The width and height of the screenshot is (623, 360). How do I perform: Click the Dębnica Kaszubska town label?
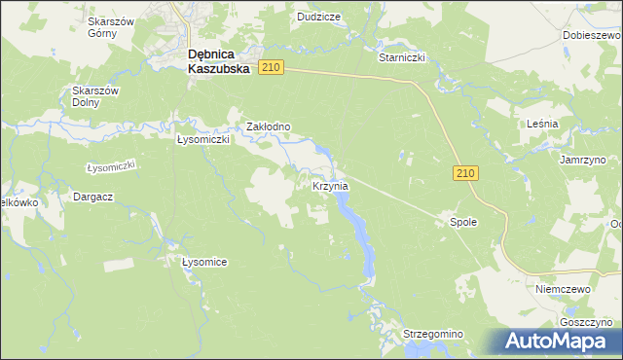pos(218,62)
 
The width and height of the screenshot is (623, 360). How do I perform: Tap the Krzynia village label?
pos(330,185)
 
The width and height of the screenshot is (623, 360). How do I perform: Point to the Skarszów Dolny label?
pos(94,96)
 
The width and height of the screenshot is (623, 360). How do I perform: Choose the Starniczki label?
pos(402,57)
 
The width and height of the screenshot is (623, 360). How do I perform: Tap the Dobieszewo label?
pos(592,34)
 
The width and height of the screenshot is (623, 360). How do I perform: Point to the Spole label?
pos(462,222)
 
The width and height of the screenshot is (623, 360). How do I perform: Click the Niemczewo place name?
pos(564,289)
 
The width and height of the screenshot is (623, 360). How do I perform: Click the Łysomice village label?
pos(204,262)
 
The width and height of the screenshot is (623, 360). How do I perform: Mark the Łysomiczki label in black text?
pos(202,139)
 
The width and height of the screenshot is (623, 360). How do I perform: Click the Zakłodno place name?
pos(268,126)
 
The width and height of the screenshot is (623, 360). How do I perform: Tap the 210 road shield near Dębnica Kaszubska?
pos(271,67)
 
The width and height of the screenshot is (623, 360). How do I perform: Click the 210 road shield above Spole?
pos(465,172)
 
